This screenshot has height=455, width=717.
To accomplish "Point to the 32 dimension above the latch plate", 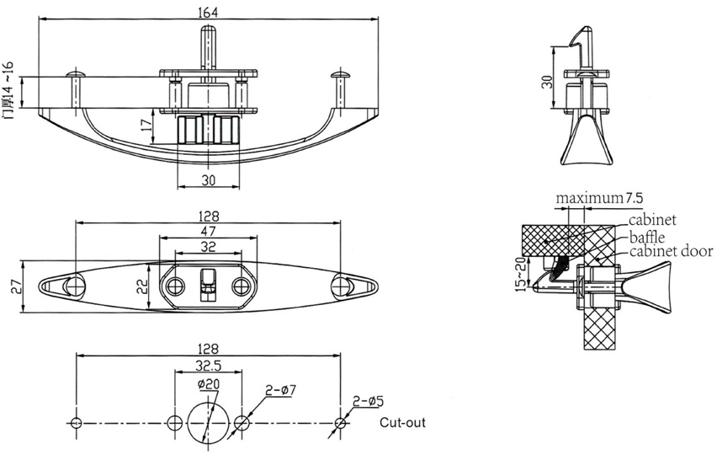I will click(207, 246).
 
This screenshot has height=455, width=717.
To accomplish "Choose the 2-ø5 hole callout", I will click(364, 403).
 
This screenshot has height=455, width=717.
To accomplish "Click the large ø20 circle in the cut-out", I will click(207, 421).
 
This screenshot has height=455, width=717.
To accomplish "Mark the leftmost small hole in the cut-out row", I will click(76, 421).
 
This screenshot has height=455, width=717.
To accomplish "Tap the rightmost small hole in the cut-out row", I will click(339, 421).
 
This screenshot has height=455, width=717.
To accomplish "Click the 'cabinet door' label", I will click(670, 251).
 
